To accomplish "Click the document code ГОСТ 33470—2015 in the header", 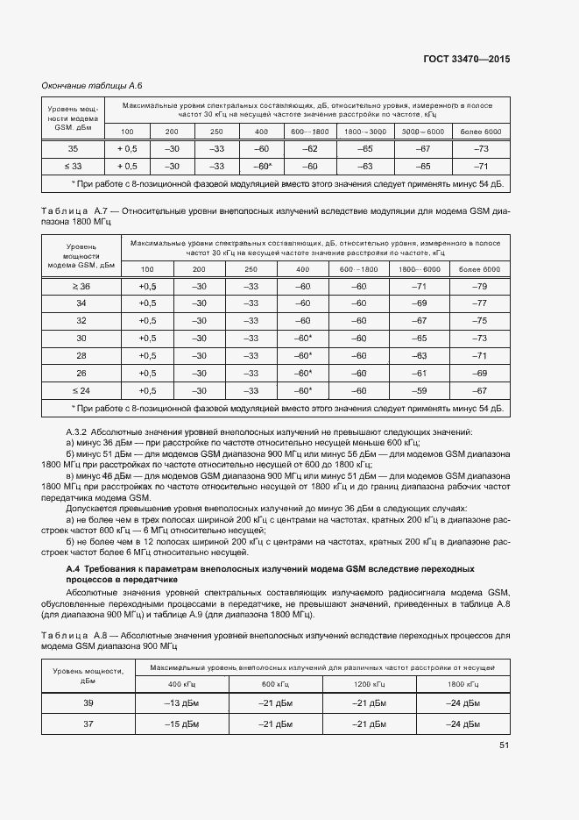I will coord(467,60).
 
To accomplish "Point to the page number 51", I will coord(504,745).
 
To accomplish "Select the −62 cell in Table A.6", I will coord(308,148).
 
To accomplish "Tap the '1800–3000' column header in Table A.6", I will coord(364,131).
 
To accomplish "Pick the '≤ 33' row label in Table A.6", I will coord(73,166).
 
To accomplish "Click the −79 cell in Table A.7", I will coord(478,287).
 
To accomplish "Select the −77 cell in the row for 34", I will coord(478,303).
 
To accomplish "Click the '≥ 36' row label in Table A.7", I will coord(81,287).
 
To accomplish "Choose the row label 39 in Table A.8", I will coord(88,703).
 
